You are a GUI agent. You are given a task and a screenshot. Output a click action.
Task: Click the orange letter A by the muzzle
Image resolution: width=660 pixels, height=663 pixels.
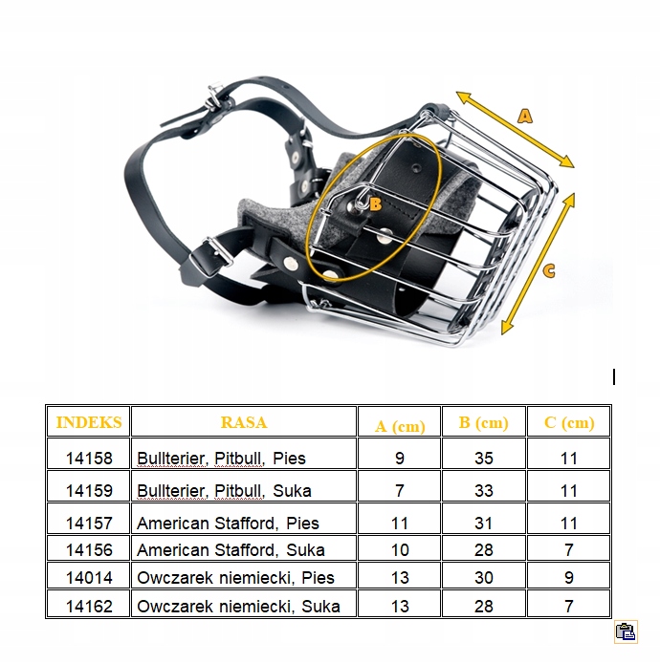(x=524, y=116)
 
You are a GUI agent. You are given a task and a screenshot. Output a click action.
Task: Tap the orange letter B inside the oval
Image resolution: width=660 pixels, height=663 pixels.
(x=375, y=204)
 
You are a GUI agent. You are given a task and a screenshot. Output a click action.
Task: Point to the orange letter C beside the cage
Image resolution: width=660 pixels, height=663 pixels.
(x=549, y=270)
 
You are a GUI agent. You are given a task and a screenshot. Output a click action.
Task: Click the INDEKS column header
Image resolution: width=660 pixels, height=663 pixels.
(x=89, y=422)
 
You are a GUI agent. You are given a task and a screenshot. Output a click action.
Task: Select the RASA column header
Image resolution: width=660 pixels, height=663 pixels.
(x=244, y=422)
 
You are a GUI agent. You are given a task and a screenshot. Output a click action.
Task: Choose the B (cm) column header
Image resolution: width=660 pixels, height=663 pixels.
(x=483, y=423)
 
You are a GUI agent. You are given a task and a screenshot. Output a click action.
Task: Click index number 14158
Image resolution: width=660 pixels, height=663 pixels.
(x=89, y=459)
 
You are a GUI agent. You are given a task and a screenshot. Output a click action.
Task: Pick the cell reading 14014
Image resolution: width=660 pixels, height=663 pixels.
(x=89, y=578)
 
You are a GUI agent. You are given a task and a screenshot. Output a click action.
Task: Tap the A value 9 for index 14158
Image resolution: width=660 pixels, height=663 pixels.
(x=400, y=459)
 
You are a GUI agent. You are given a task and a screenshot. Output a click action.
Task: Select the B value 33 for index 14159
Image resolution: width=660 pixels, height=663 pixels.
(x=483, y=491)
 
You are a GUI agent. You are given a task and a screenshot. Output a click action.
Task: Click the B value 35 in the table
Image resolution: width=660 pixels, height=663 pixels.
(x=483, y=459)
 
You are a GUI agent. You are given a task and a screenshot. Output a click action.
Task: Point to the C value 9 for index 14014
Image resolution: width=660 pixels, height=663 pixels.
(x=569, y=578)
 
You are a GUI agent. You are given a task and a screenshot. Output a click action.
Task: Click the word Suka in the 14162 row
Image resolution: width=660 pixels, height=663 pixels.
(x=320, y=607)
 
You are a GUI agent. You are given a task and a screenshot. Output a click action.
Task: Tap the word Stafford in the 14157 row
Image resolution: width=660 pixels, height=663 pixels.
(x=247, y=524)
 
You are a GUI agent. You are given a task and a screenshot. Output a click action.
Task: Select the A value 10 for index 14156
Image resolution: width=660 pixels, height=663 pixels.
(x=400, y=550)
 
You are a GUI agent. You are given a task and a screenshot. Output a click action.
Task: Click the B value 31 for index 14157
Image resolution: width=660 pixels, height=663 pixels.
(x=483, y=524)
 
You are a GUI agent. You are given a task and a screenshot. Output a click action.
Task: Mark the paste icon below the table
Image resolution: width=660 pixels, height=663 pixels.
(x=627, y=631)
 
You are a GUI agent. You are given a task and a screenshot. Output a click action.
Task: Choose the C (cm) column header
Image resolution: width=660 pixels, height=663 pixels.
(x=569, y=423)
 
